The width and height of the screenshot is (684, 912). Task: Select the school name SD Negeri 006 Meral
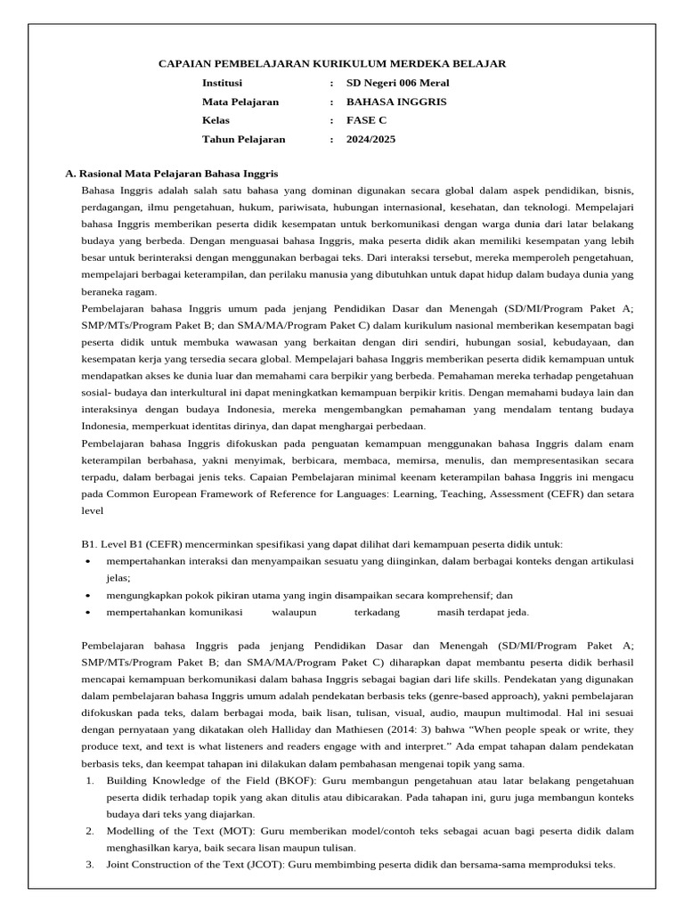(x=397, y=83)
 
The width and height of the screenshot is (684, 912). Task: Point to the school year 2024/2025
(x=370, y=139)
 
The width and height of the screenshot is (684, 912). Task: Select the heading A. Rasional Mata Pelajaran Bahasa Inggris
(x=172, y=175)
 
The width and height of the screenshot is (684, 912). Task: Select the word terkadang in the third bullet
(x=377, y=612)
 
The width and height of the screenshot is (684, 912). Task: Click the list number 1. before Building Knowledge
(x=90, y=780)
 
